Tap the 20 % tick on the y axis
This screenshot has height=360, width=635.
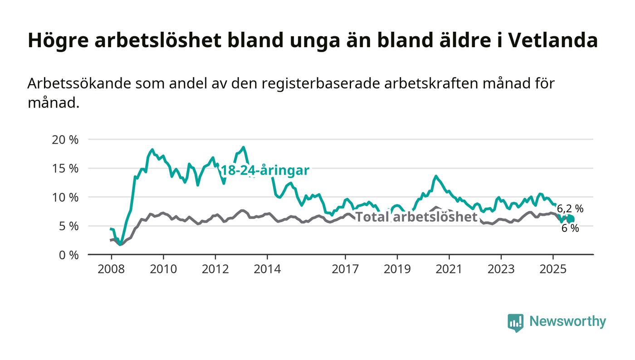point(65,140)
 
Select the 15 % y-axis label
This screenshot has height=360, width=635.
point(65,168)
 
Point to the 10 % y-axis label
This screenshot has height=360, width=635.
point(65,197)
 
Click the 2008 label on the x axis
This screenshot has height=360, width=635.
point(111,269)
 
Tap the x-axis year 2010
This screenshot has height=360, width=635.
point(163,269)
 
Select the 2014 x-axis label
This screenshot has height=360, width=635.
point(268,269)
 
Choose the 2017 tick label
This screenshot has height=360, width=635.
point(346,269)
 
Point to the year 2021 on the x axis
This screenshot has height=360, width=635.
point(449,269)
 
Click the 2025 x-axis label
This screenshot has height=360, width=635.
point(553,269)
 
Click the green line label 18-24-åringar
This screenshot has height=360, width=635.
point(265,171)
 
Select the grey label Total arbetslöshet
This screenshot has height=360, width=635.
point(416,217)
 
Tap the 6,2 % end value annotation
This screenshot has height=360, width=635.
point(570,209)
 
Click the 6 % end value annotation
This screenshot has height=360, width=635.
point(570,229)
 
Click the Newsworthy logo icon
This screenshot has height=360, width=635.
point(515,322)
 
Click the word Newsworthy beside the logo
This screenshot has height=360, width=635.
point(567,321)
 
